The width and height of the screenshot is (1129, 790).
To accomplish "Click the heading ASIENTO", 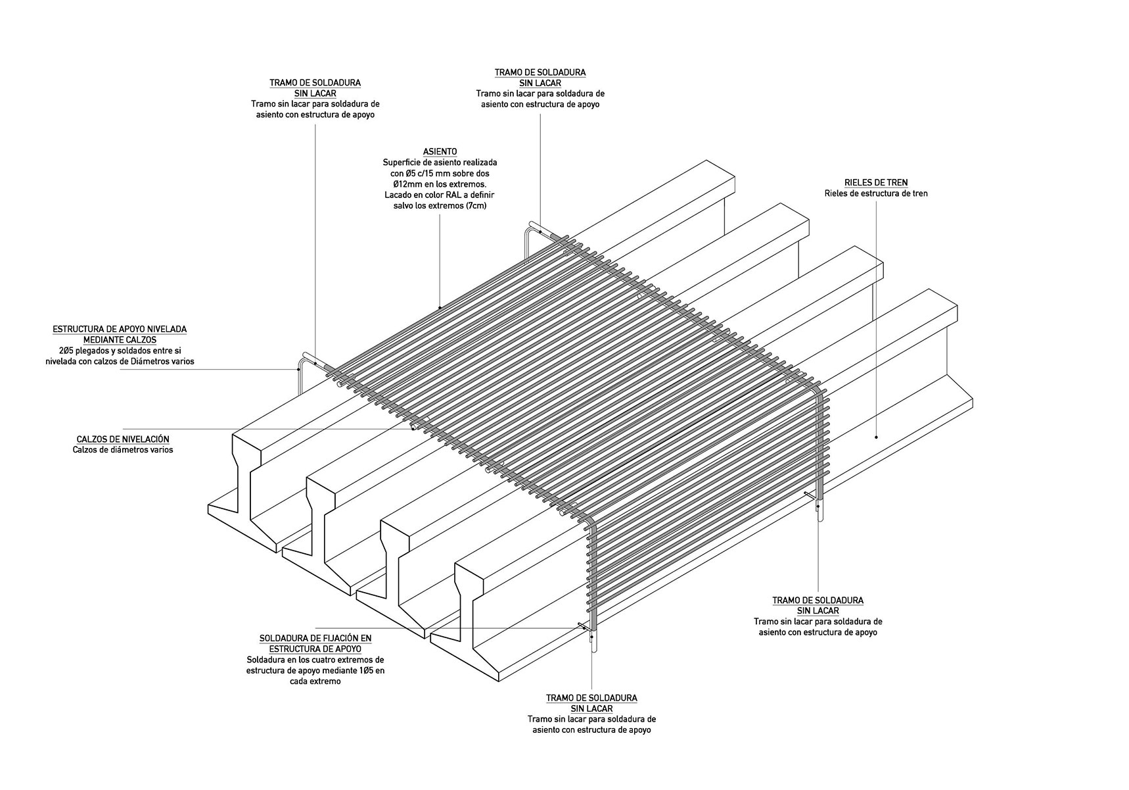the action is pos(440,152).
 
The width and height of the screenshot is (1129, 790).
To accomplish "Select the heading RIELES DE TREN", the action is pos(876,182).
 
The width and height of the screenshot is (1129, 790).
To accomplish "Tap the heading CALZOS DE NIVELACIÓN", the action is pos(123,439).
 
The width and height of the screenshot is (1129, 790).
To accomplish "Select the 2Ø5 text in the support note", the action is pos(63,351).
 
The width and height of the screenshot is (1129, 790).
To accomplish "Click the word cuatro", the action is pos(325,660).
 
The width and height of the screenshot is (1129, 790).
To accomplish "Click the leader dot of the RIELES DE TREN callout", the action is pos(877,437).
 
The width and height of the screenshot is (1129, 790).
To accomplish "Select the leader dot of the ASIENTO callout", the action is pos(440,307).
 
